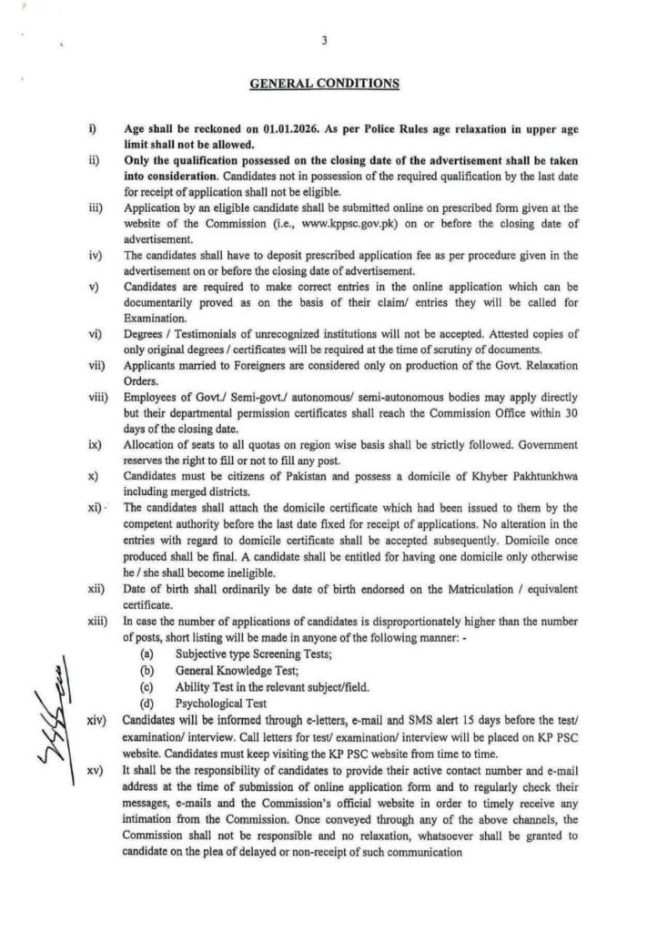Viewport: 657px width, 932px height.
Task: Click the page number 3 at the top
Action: click(324, 39)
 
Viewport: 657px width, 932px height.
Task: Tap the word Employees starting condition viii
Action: click(153, 398)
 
